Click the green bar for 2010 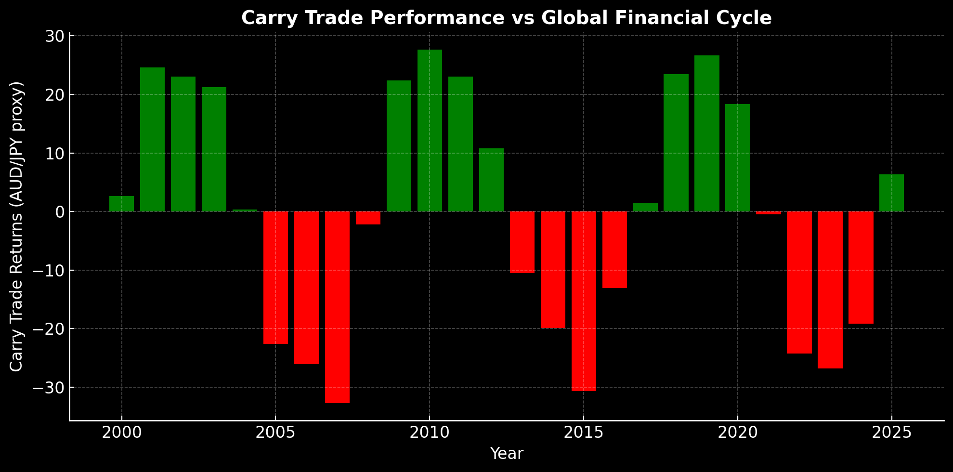coord(430,131)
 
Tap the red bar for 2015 coord(584,301)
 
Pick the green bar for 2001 coord(152,139)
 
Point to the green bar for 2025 coord(891,193)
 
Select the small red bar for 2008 coord(368,218)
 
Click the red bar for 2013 coord(522,242)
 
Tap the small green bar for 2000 coord(121,204)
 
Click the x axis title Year coord(507,454)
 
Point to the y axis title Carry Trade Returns coord(17,226)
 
